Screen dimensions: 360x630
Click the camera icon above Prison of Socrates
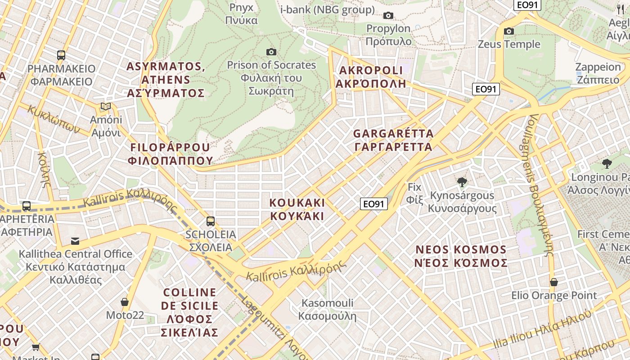pyautogui.click(x=271, y=52)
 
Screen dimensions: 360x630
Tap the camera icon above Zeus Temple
pyautogui.click(x=509, y=31)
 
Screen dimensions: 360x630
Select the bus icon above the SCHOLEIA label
pyautogui.click(x=210, y=221)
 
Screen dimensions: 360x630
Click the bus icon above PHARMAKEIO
pyautogui.click(x=61, y=55)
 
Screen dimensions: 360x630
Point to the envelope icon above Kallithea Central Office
pyautogui.click(x=75, y=241)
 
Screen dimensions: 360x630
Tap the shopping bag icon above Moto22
pyautogui.click(x=125, y=302)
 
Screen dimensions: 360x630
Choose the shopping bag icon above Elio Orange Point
pyautogui.click(x=554, y=282)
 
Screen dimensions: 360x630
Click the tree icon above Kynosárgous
pyautogui.click(x=462, y=182)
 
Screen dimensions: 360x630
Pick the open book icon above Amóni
pyautogui.click(x=106, y=107)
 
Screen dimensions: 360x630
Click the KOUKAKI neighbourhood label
pyautogui.click(x=297, y=209)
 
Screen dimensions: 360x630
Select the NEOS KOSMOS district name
pyautogui.click(x=461, y=256)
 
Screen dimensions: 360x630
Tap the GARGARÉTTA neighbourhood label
pyautogui.click(x=393, y=140)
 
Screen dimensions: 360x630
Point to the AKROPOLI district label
pyautogui.click(x=371, y=76)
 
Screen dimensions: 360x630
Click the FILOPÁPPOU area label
pyautogui.click(x=170, y=154)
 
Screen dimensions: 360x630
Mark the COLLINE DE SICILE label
pyautogui.click(x=189, y=312)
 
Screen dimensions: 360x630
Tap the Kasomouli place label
pyautogui.click(x=327, y=309)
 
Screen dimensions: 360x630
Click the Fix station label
pyautogui.click(x=414, y=193)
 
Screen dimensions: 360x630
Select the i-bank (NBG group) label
pyautogui.click(x=327, y=10)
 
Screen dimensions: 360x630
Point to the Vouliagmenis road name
pyautogui.click(x=540, y=184)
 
